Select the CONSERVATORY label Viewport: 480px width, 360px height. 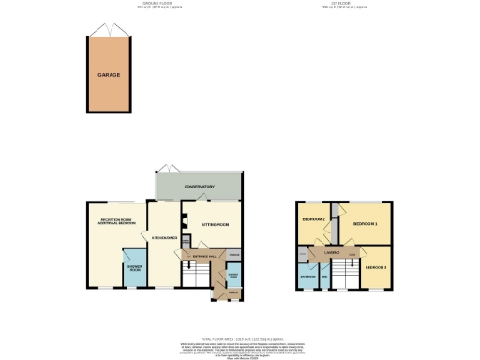(199, 187)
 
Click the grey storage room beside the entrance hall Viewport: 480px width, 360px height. (233, 254)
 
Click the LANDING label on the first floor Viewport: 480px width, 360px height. (332, 252)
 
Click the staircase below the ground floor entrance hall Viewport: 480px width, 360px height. (194, 277)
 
